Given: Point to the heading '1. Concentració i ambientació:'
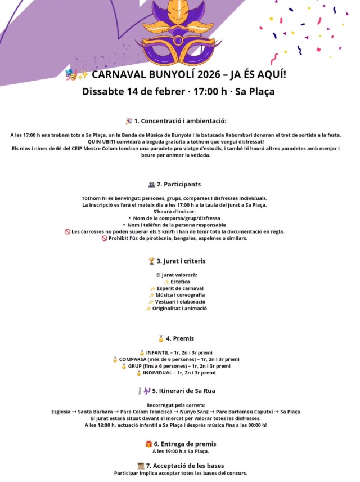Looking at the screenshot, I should (180, 121).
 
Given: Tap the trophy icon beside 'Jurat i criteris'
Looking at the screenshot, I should (151, 261).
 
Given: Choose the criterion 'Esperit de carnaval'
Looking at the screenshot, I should (181, 288).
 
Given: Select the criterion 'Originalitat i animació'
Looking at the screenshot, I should (181, 309).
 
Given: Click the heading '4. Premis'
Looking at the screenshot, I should (180, 338).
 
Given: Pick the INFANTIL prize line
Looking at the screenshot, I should (181, 352).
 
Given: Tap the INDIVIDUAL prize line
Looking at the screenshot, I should (179, 373).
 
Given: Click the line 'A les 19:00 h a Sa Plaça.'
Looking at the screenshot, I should (181, 451).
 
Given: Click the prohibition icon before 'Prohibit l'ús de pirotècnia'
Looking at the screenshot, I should (104, 238).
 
